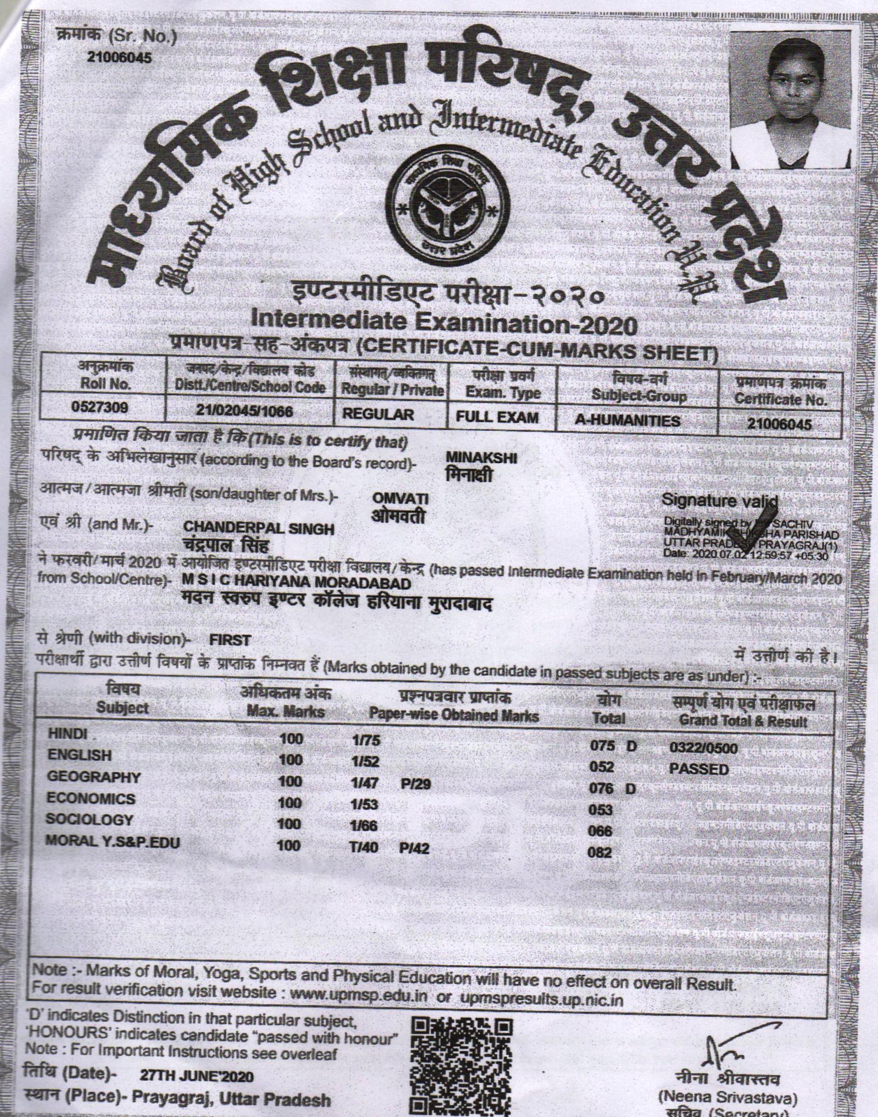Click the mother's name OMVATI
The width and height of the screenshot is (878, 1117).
coord(400,499)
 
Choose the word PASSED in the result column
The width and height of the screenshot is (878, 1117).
coord(699,769)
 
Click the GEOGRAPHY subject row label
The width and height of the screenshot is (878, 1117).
coord(94,777)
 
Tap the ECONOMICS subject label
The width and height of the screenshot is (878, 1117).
coord(90,799)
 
